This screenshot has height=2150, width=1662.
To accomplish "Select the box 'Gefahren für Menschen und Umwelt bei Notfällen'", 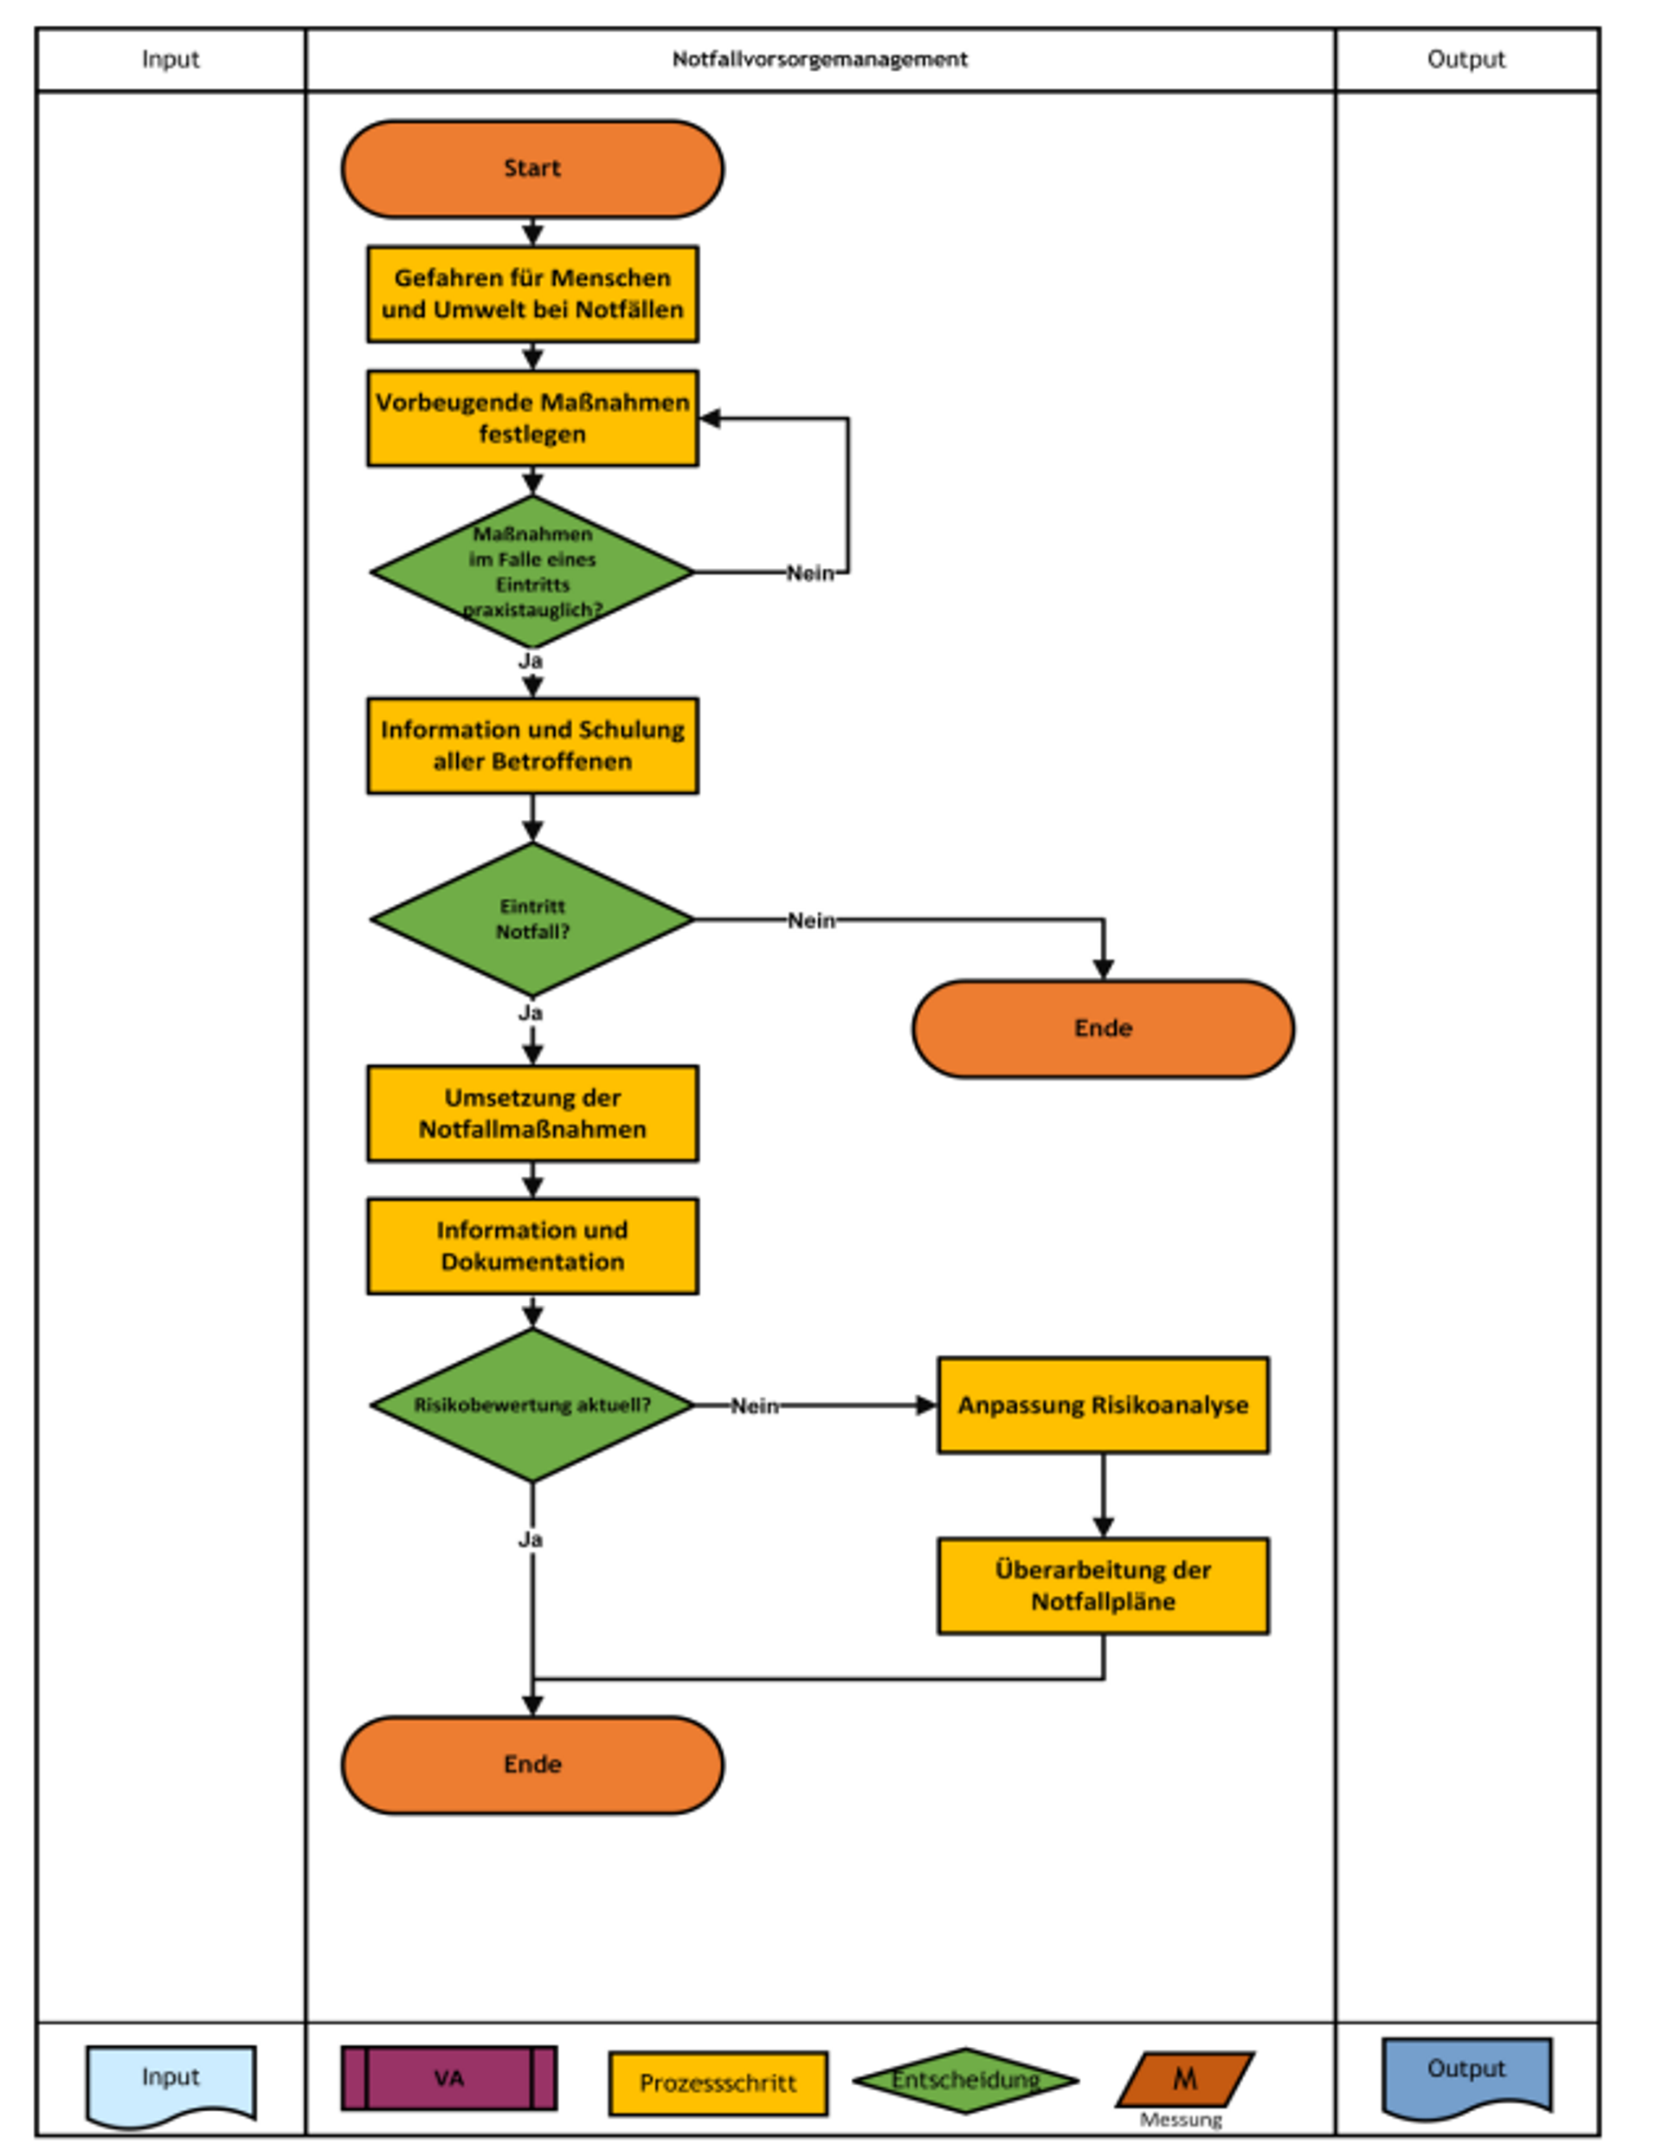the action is [532, 294].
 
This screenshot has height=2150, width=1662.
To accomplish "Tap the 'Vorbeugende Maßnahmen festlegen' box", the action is [532, 418].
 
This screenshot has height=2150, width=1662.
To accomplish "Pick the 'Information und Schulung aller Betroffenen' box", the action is [532, 746].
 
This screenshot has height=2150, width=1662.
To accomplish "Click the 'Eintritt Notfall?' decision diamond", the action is [532, 920].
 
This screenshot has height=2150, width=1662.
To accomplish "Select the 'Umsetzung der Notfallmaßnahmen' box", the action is [532, 1114].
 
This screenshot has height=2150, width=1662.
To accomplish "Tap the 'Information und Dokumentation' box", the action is [532, 1246].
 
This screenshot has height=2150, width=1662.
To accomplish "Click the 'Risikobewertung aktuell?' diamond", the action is [532, 1404].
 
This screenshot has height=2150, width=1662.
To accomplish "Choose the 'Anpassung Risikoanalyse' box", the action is [1103, 1404].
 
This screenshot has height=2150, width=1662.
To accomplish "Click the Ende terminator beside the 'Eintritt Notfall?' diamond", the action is [1103, 1029].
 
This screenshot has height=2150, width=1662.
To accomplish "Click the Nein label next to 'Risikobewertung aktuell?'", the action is [755, 1406].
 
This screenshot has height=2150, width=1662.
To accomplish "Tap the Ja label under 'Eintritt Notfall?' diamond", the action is [531, 1012].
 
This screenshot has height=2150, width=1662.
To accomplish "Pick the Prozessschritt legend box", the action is [718, 2083].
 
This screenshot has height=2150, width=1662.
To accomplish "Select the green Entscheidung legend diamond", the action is [965, 2080].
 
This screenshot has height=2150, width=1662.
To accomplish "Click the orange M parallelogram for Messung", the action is [1185, 2079].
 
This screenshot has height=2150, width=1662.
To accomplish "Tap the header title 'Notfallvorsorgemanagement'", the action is [820, 59].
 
